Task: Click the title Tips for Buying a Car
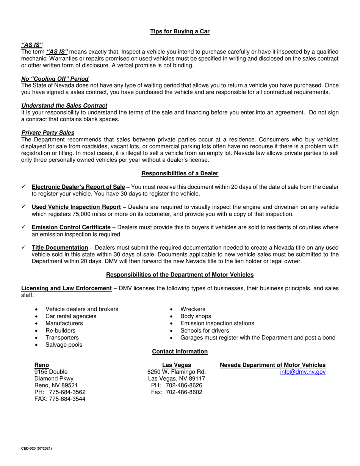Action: click(x=180, y=31)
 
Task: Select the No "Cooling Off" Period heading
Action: click(x=55, y=79)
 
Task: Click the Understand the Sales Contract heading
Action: click(x=64, y=106)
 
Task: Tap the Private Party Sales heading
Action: click(x=48, y=133)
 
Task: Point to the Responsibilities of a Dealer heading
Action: click(x=180, y=174)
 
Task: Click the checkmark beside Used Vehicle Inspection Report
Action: click(x=23, y=207)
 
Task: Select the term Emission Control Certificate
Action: click(x=71, y=227)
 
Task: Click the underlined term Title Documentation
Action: click(x=60, y=248)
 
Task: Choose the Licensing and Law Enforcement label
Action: click(x=66, y=288)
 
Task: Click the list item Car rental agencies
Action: click(x=71, y=316)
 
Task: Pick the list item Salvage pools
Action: click(x=64, y=345)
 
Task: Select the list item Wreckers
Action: click(x=193, y=309)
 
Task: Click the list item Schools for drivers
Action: click(x=205, y=331)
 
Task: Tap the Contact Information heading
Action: click(x=180, y=352)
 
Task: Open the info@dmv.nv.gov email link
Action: click(x=303, y=372)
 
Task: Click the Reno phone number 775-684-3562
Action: click(x=67, y=392)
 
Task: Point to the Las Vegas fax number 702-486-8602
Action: click(x=184, y=392)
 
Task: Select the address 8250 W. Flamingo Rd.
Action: click(x=177, y=372)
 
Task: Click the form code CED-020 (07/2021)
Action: click(x=36, y=449)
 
